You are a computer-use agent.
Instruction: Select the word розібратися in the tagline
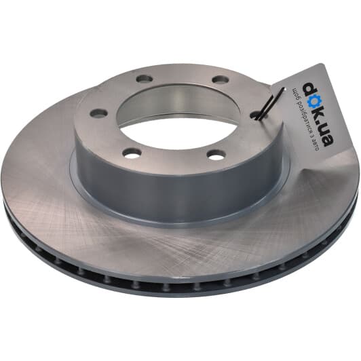click(x=303, y=117)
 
